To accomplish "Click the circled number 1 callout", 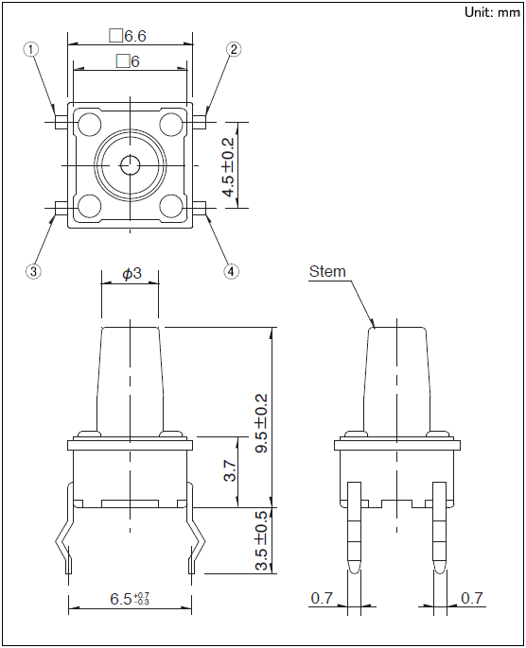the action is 30,49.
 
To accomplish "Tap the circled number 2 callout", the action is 234,49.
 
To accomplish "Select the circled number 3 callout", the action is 33,271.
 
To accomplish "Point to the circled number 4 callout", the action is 232,271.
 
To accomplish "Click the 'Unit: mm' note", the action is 492,12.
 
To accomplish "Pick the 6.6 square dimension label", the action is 128,36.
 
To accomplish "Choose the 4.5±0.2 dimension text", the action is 228,167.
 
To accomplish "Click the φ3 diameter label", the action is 131,274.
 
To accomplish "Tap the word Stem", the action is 327,271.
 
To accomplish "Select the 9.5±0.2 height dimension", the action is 261,423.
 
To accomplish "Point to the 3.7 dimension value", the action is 231,471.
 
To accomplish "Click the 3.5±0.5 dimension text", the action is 261,540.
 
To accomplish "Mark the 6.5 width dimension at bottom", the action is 130,599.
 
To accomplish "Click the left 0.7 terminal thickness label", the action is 322,598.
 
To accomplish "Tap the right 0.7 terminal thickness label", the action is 472,598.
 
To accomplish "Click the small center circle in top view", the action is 131,165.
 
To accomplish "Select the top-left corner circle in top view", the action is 90,124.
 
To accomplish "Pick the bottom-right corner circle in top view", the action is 171,206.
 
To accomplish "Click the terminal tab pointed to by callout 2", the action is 200,123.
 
